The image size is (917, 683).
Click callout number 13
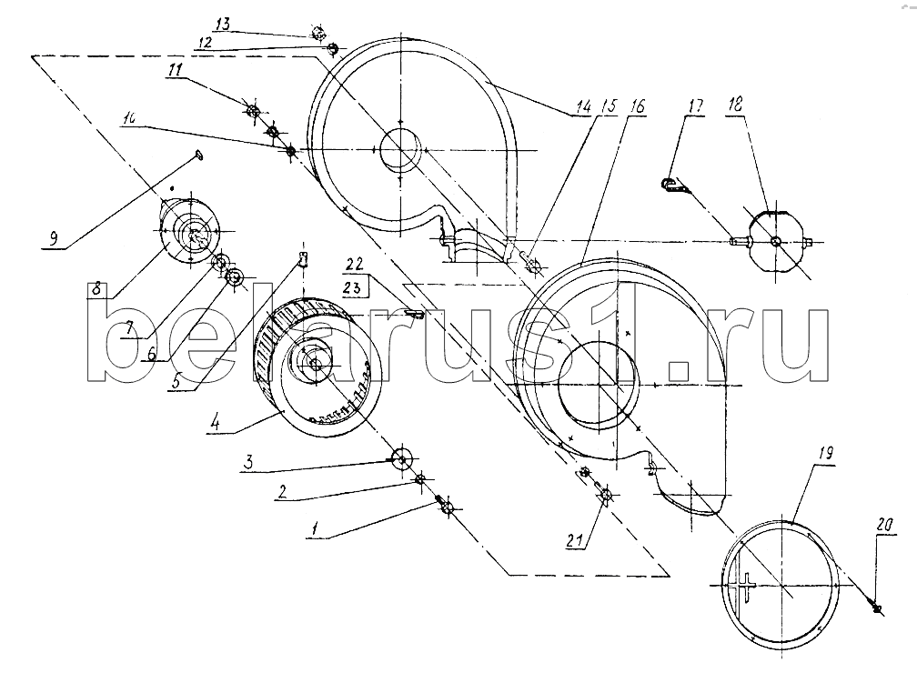[x=223, y=25]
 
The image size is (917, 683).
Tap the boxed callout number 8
[x=96, y=289]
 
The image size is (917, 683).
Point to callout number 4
[x=216, y=422]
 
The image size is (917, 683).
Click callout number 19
[x=826, y=453]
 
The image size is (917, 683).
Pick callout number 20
[x=884, y=526]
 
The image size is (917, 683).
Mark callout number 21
[x=575, y=541]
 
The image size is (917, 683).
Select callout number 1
[x=315, y=529]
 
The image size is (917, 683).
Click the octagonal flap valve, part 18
[x=775, y=240]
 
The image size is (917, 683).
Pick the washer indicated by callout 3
[x=402, y=457]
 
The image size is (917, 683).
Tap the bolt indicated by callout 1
[x=446, y=506]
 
